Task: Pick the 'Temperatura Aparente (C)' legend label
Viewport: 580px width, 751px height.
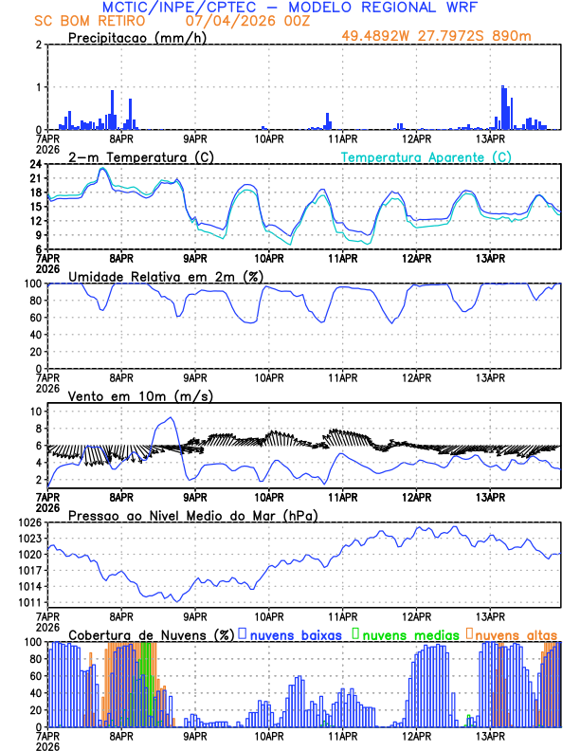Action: (426, 156)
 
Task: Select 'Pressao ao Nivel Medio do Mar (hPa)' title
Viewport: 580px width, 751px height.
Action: (192, 515)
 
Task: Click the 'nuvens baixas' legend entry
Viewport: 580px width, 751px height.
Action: (299, 634)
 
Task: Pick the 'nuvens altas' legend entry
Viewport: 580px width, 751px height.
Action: (517, 634)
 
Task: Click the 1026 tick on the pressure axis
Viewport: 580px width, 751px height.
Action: (30, 522)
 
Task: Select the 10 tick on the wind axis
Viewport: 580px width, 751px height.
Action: (36, 412)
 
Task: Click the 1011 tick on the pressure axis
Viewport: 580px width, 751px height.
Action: (30, 602)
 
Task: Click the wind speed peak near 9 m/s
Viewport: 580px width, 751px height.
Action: (171, 418)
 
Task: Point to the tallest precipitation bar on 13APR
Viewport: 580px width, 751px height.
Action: (503, 87)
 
